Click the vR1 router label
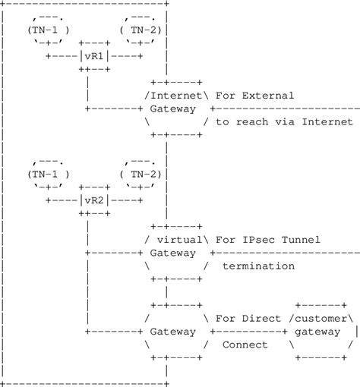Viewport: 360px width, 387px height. (x=95, y=55)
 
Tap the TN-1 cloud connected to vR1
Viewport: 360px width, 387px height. (x=49, y=29)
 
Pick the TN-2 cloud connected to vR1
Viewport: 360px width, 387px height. (x=142, y=29)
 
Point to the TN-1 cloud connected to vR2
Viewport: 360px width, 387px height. (x=49, y=173)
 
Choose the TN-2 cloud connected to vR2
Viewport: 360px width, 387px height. (x=142, y=173)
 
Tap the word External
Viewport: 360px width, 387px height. (x=267, y=96)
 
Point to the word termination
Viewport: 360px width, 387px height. (x=257, y=266)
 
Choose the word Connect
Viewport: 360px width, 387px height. (x=245, y=345)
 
